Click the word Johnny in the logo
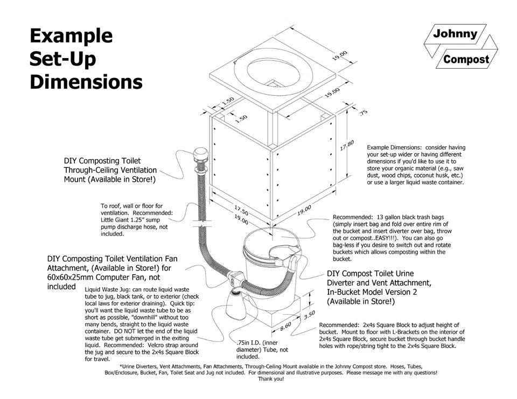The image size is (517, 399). coord(455,34)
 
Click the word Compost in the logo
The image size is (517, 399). coord(466,59)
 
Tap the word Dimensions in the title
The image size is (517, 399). coord(86,82)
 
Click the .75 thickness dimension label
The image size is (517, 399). coord(363,112)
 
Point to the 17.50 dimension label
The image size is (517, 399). coord(241,209)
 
